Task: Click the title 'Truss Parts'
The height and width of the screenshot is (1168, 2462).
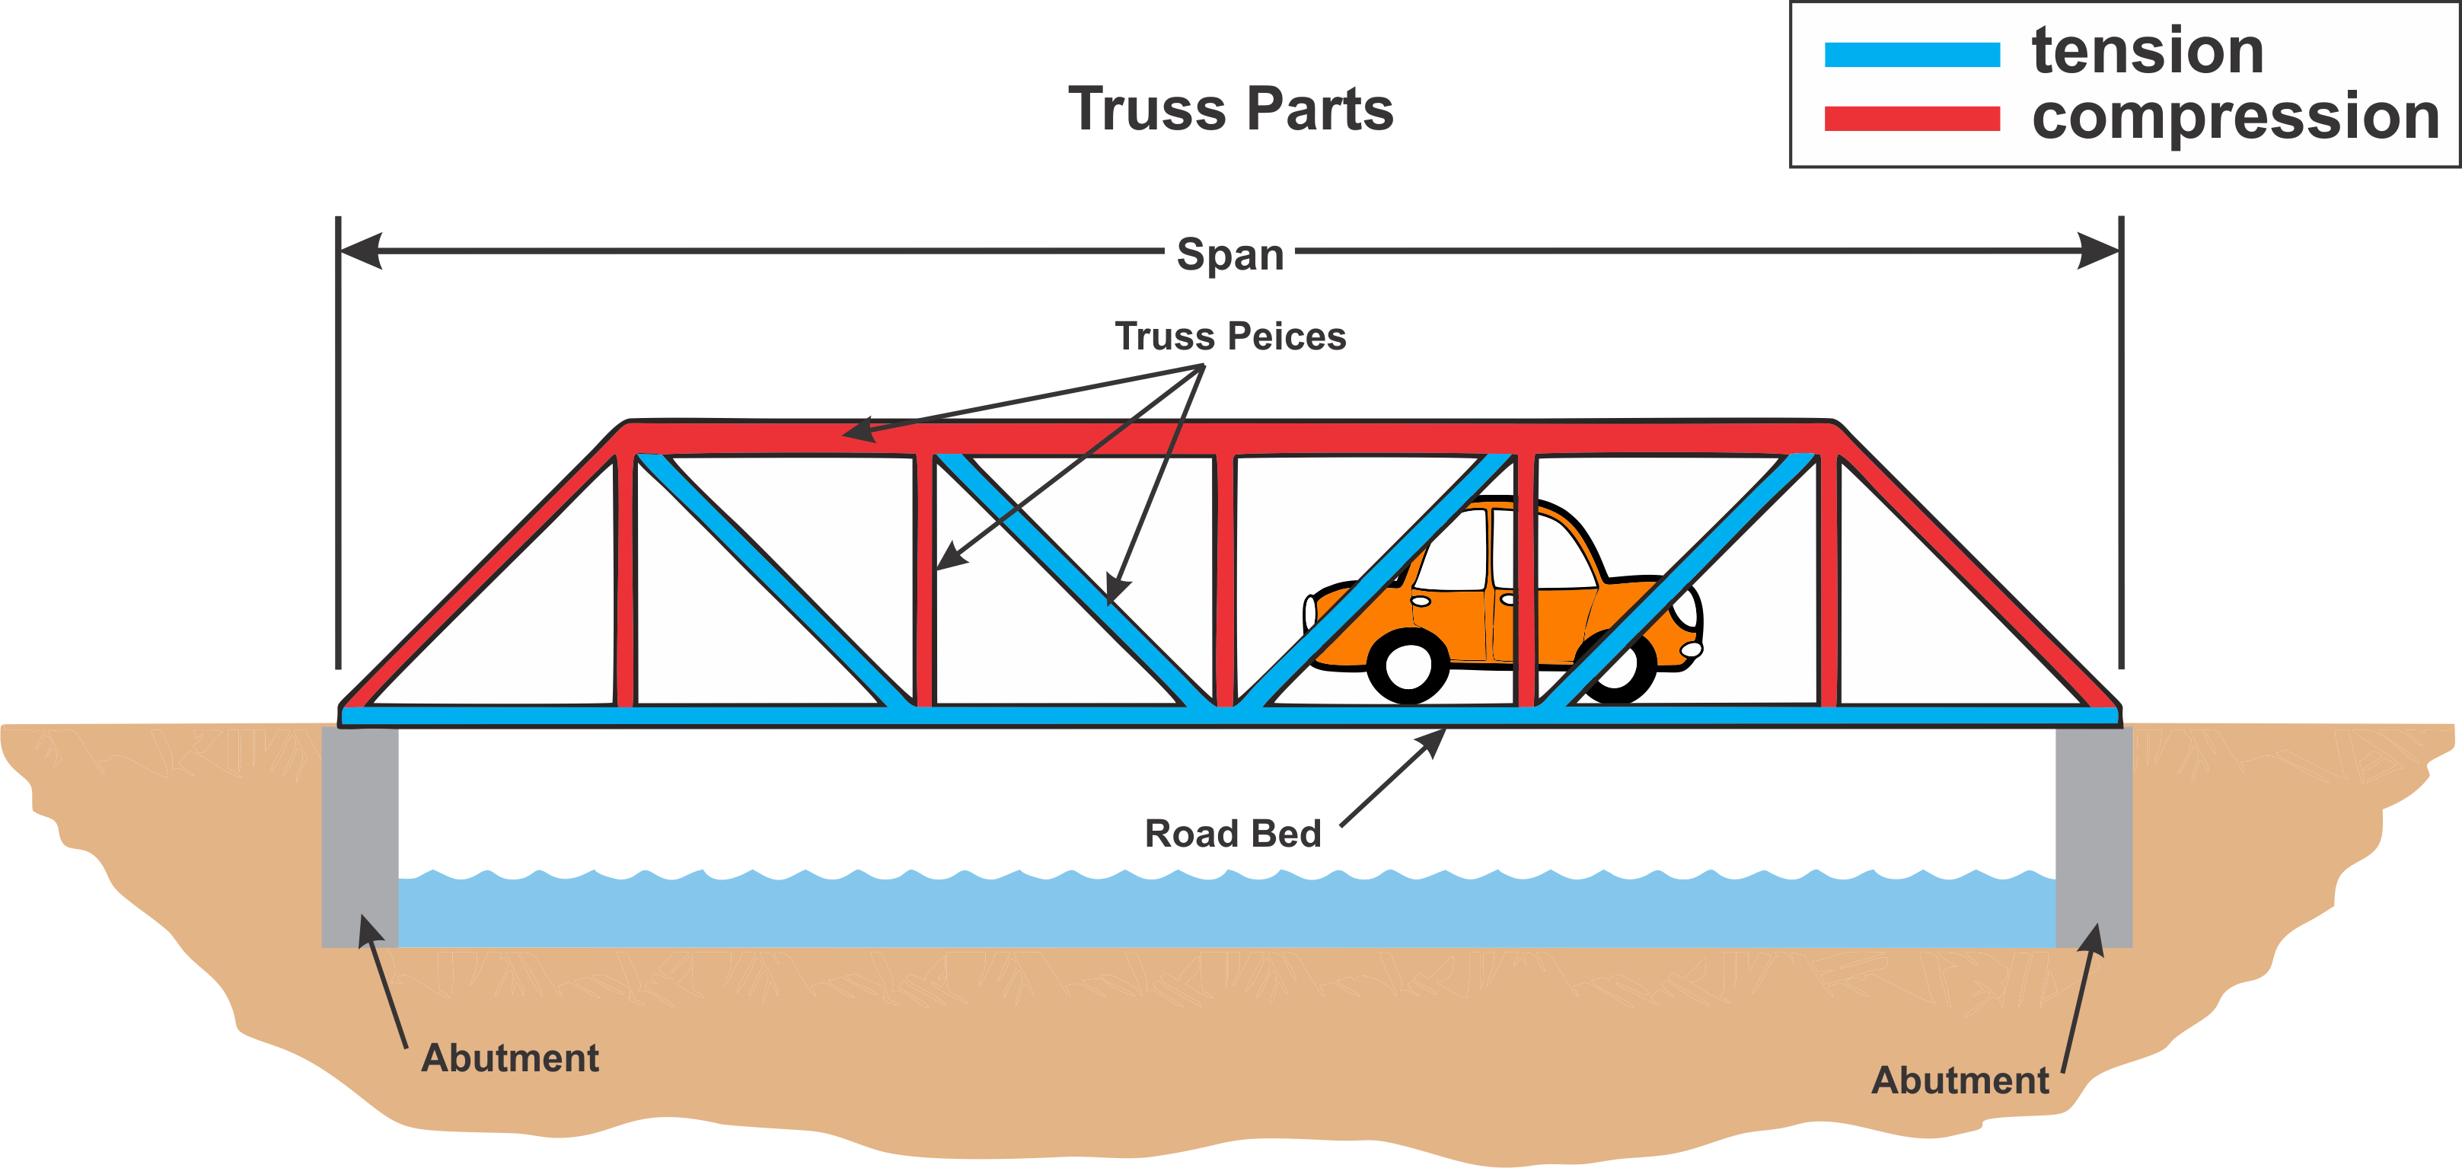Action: (x=1230, y=109)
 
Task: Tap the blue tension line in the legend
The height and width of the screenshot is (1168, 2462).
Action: (x=1912, y=55)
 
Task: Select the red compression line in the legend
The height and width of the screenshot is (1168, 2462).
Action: (x=1912, y=119)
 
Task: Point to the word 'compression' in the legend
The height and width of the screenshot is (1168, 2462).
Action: (x=2235, y=116)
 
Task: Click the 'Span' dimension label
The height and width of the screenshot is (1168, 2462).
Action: (x=1230, y=254)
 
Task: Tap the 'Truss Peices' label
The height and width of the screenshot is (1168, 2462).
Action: (x=1230, y=337)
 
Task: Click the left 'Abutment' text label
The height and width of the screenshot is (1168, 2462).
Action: (x=509, y=1058)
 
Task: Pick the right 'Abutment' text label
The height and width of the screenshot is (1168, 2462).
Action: (x=1960, y=1080)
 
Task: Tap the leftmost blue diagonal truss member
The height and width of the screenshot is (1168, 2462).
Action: (x=774, y=583)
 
